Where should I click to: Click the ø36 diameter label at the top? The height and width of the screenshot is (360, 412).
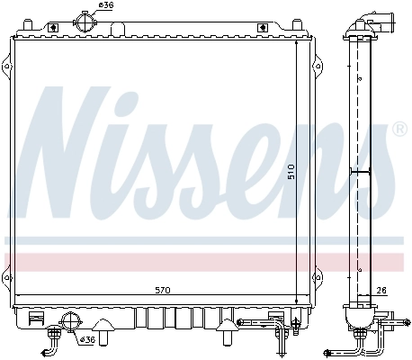coord(106,6)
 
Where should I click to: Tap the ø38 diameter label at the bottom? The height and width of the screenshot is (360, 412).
coord(88,339)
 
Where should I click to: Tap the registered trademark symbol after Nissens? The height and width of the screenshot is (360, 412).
coord(400,130)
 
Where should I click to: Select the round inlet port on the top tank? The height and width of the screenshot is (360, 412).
coord(85,20)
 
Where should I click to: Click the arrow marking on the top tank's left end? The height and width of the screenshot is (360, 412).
coord(53,28)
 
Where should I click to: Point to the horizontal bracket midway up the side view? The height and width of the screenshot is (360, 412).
coord(360,170)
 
